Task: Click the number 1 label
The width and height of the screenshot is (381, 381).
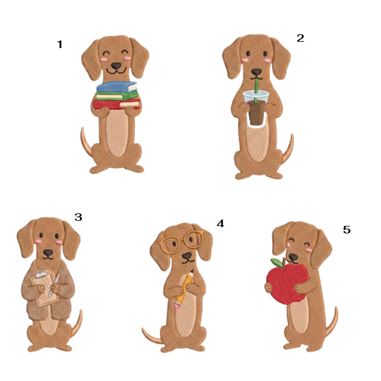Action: point(60,44)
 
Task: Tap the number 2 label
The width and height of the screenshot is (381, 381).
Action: point(300,38)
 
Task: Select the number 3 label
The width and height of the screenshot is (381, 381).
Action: point(78,217)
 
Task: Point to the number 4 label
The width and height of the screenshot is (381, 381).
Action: point(220,224)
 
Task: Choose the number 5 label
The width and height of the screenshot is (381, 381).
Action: point(347,230)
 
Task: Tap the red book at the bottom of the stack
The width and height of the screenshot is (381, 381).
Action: point(117,104)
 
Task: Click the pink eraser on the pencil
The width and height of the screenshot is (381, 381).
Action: point(177,305)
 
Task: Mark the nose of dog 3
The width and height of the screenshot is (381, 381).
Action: point(48,252)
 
